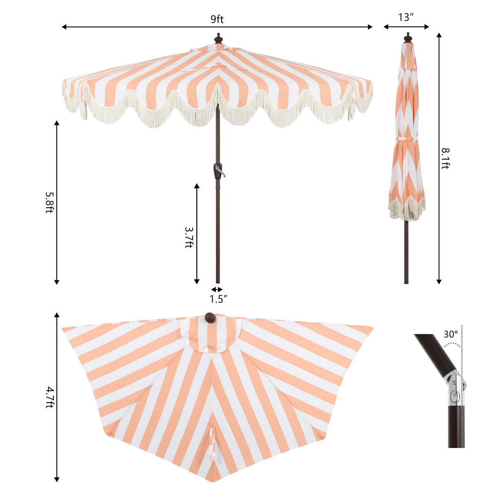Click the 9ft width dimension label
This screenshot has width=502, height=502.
pyautogui.click(x=217, y=19)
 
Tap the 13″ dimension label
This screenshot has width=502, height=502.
pyautogui.click(x=406, y=17)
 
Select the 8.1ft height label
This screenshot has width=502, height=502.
pyautogui.click(x=445, y=158)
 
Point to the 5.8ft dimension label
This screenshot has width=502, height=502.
pyautogui.click(x=49, y=202)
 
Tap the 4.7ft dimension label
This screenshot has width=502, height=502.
pyautogui.click(x=49, y=397)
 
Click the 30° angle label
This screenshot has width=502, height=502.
pyautogui.click(x=451, y=334)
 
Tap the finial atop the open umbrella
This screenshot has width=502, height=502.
pyautogui.click(x=218, y=39)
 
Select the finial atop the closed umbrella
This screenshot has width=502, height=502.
pyautogui.click(x=408, y=38)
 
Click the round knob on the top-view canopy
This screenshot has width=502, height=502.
pyautogui.click(x=210, y=318)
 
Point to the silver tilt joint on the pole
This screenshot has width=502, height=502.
pyautogui.click(x=455, y=389)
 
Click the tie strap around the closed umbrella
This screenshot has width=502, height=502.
pyautogui.click(x=406, y=138)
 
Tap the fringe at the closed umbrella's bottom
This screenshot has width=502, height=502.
pyautogui.click(x=406, y=210)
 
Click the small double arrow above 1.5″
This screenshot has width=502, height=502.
pyautogui.click(x=217, y=289)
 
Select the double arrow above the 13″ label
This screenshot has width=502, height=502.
pyautogui.click(x=406, y=27)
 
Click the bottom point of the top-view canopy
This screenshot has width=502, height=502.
pyautogui.click(x=211, y=480)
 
